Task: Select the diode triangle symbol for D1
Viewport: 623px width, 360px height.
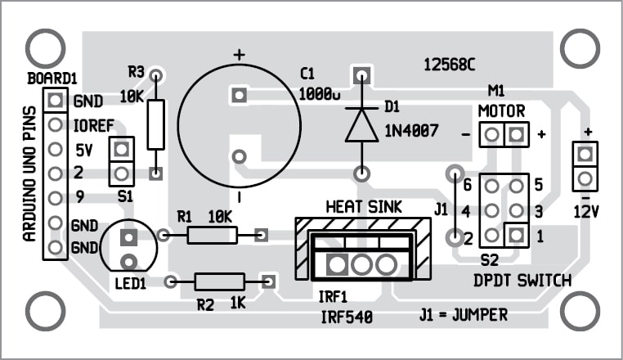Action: (x=361, y=124)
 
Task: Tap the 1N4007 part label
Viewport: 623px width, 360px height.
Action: (x=410, y=128)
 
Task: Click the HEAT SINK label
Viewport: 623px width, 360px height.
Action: (x=364, y=206)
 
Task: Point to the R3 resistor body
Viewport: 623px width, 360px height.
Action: (x=155, y=124)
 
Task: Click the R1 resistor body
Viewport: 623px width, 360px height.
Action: (x=212, y=236)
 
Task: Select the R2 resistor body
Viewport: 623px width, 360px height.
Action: (x=219, y=281)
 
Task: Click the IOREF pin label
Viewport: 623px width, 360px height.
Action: (x=92, y=127)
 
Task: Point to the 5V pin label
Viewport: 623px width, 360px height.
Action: (x=83, y=151)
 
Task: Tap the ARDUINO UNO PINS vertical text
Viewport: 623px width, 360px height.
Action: (x=29, y=173)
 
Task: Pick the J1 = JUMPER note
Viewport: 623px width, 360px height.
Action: (x=463, y=314)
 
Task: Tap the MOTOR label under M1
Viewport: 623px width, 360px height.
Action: (x=502, y=111)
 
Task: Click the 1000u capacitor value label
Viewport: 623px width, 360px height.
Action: (x=320, y=95)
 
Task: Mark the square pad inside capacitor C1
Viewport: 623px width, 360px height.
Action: (x=239, y=94)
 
